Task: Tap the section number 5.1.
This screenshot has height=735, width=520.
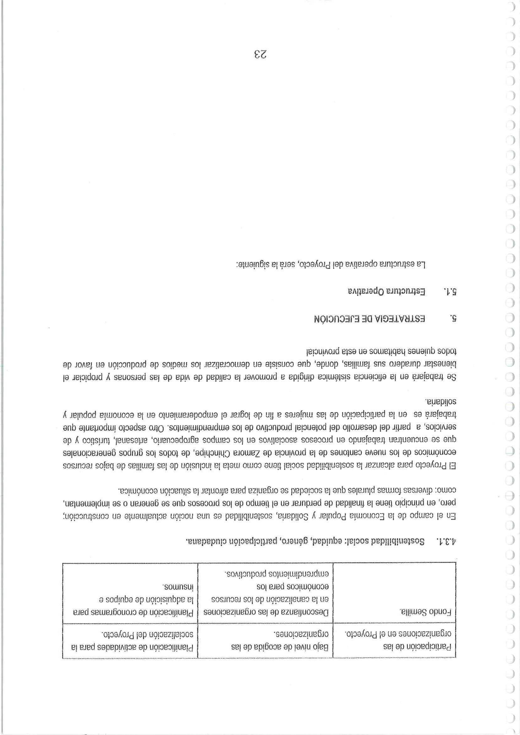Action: click(x=451, y=291)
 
